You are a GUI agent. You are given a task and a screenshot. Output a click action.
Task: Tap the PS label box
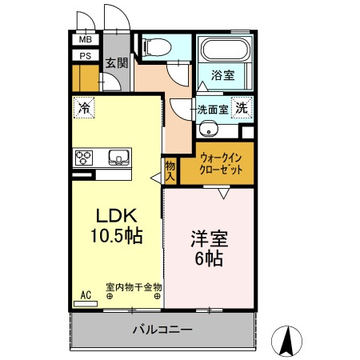coord(84,56)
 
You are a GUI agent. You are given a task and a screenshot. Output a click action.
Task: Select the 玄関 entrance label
coord(116,62)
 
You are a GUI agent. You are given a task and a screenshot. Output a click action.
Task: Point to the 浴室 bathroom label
coord(223,75)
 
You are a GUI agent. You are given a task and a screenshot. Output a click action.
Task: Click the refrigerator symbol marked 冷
coord(84,106)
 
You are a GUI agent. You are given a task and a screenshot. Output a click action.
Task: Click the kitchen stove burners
coord(86,156)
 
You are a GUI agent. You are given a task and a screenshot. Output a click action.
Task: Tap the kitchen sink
coord(118,156)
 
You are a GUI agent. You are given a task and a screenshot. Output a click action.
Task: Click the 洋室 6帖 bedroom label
coord(210,247)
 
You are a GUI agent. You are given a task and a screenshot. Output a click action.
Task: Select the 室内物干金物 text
coord(134,286)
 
